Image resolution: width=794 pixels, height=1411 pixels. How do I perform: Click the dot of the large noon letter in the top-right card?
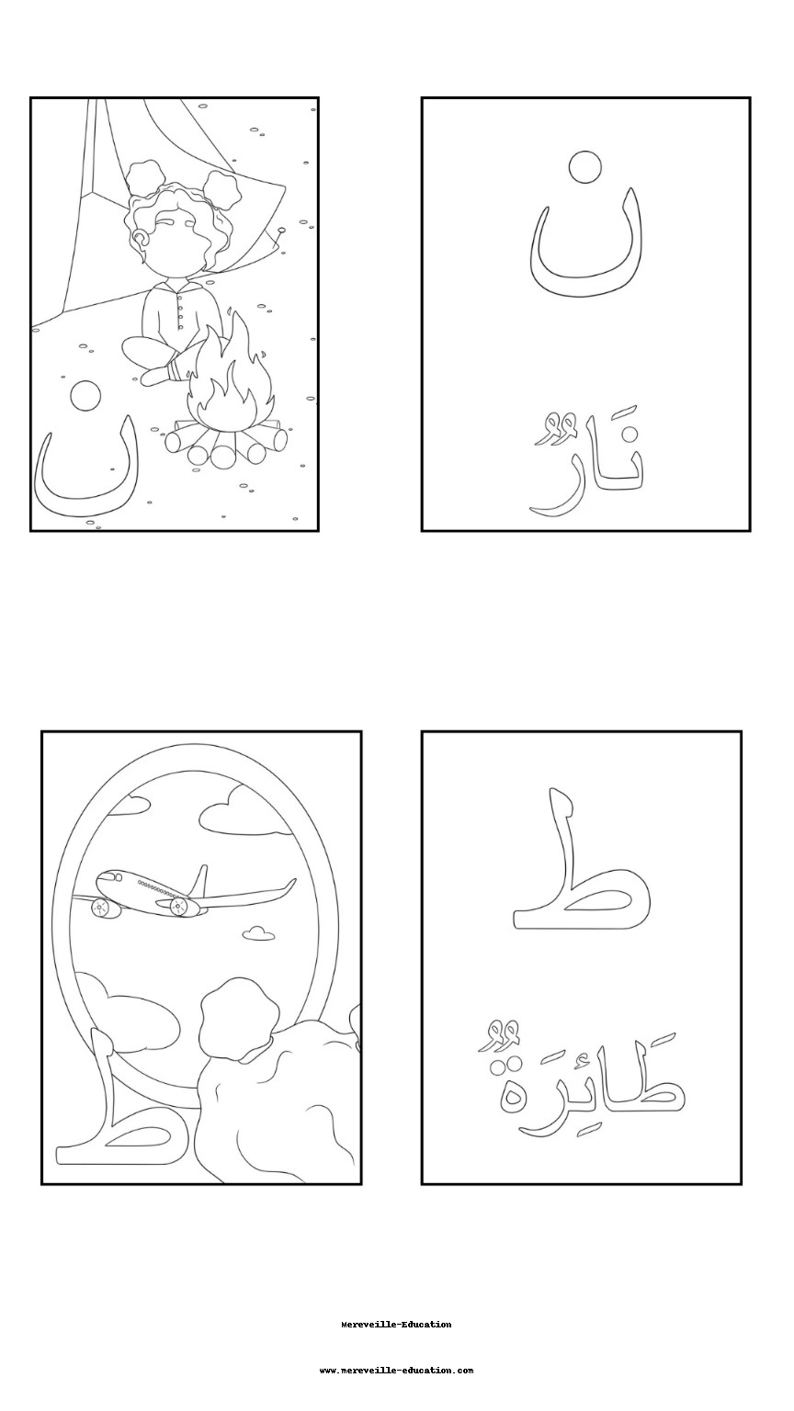tap(584, 167)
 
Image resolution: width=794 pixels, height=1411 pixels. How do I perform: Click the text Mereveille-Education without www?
tap(396, 1325)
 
